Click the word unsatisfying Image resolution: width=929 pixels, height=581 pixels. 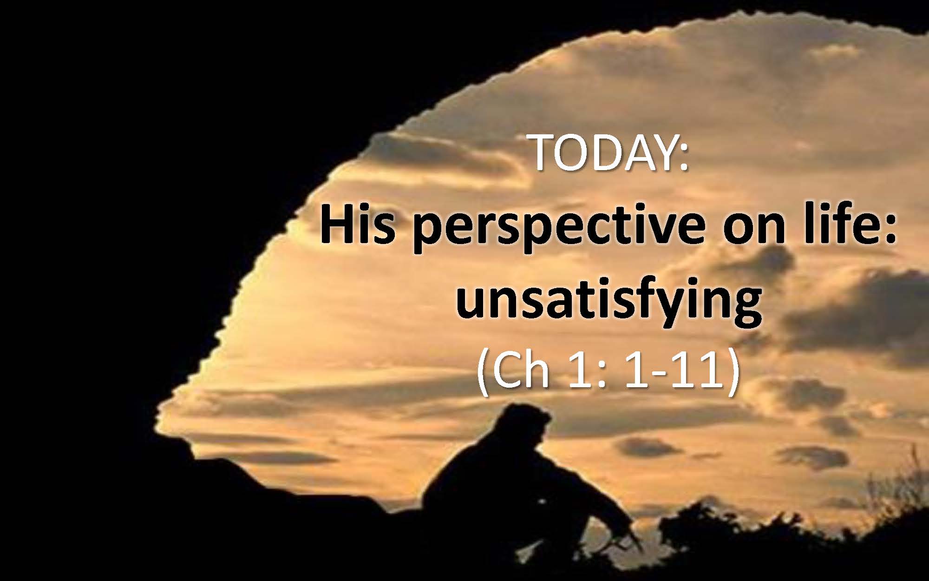pyautogui.click(x=609, y=302)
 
